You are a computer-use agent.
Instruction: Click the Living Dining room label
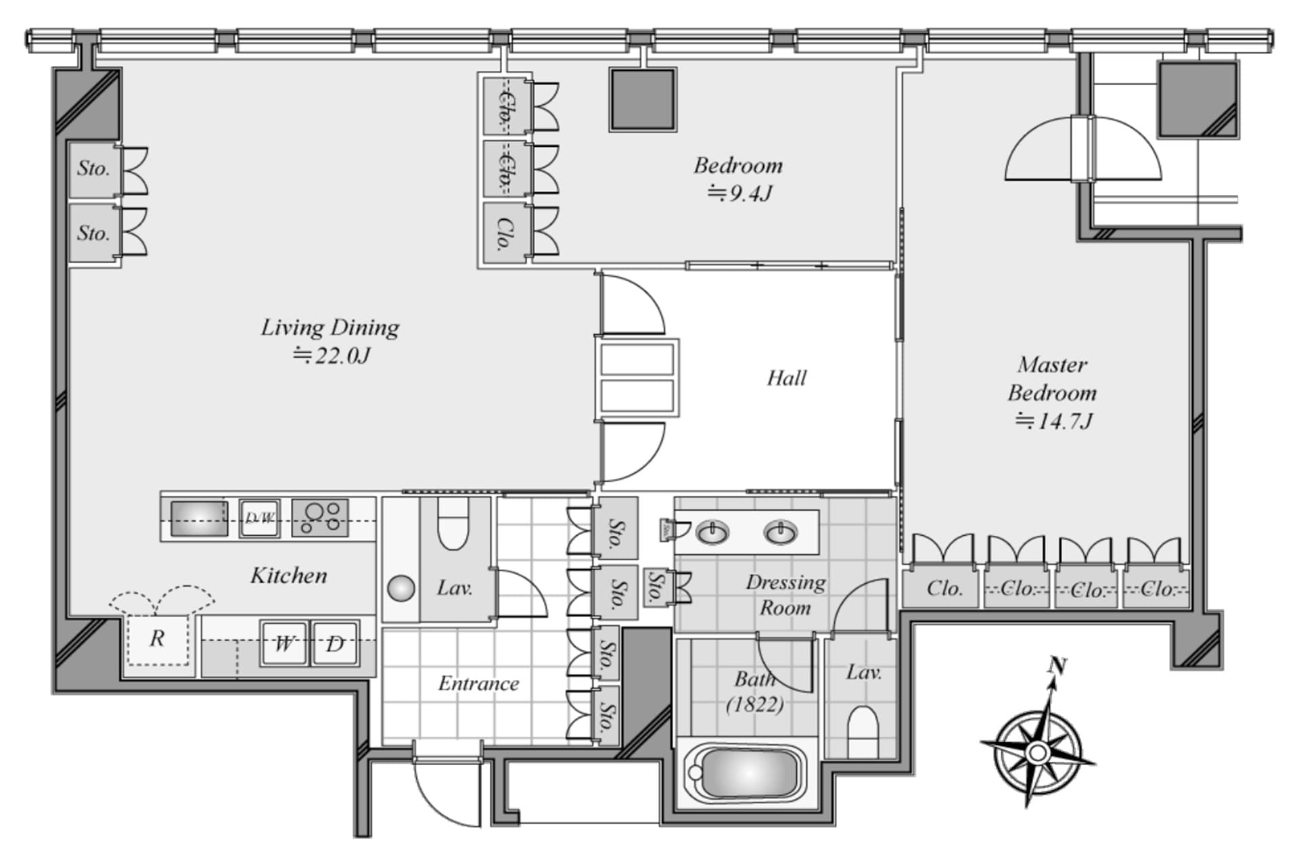tap(330, 328)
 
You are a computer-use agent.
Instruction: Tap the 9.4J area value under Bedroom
tap(739, 195)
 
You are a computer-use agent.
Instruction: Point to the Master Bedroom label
tap(1052, 379)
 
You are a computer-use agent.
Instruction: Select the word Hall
tap(786, 378)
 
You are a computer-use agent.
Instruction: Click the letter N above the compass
tap(1057, 666)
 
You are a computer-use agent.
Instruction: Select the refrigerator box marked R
tap(158, 639)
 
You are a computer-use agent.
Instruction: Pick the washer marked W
tap(284, 643)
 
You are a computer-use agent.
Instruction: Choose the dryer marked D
tap(335, 643)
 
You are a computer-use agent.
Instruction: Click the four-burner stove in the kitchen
tap(320, 518)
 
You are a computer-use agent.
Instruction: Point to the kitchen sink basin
tap(199, 518)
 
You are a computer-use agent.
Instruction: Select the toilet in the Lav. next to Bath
tap(862, 731)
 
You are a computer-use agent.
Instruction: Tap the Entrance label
tap(478, 683)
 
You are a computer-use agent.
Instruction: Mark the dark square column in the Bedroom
tap(642, 99)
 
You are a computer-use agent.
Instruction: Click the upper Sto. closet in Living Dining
tap(93, 168)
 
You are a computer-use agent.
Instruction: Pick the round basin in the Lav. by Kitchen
tap(401, 588)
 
